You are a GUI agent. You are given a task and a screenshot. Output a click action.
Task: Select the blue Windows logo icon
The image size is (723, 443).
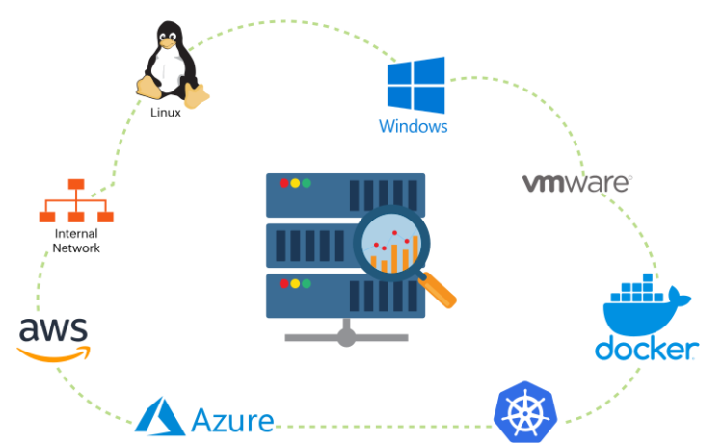click(x=416, y=85)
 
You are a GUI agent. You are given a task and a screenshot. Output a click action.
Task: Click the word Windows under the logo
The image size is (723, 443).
click(x=413, y=126)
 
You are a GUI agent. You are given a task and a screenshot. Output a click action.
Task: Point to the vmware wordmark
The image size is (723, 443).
click(x=576, y=182)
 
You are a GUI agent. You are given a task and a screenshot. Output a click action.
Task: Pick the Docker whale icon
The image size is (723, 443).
click(x=641, y=305)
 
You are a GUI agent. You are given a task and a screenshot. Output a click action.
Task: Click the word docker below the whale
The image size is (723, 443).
click(x=645, y=349)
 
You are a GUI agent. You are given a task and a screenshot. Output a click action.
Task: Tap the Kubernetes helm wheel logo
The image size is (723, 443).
click(x=525, y=411)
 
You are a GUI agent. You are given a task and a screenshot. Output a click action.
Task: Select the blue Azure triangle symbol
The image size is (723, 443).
click(x=159, y=416)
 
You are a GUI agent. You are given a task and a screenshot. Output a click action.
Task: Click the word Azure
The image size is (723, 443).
click(x=232, y=421)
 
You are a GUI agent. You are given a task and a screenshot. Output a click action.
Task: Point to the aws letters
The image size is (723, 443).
click(x=53, y=329)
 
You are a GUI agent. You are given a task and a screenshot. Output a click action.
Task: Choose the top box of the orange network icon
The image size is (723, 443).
click(x=76, y=184)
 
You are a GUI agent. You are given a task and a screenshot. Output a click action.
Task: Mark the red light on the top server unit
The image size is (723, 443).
click(x=283, y=183)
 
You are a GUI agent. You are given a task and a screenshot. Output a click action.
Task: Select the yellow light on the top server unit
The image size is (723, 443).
click(x=295, y=183)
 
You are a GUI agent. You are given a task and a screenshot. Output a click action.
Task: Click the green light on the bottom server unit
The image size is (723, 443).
click(x=307, y=284)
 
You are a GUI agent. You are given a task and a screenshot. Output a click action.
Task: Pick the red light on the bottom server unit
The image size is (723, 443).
click(x=283, y=284)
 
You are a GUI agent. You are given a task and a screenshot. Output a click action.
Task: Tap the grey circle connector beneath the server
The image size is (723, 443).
click(x=346, y=337)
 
